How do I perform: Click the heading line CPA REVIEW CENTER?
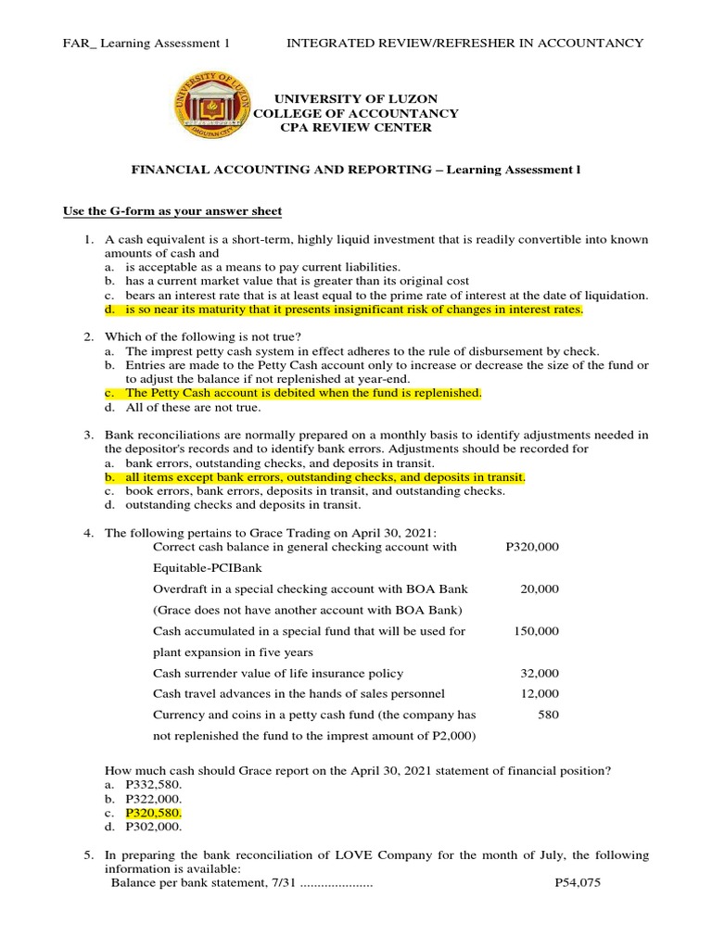pos(356,128)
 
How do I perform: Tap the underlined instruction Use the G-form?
pos(172,212)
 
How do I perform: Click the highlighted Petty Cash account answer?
pos(304,393)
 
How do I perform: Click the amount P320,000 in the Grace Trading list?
pos(532,547)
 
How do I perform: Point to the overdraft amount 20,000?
pos(541,588)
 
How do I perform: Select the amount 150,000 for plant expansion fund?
pos(536,630)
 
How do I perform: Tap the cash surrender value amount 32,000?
pos(541,673)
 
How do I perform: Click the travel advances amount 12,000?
pos(541,693)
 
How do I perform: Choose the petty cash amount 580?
pos(548,715)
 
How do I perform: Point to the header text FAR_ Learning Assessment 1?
pos(146,44)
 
